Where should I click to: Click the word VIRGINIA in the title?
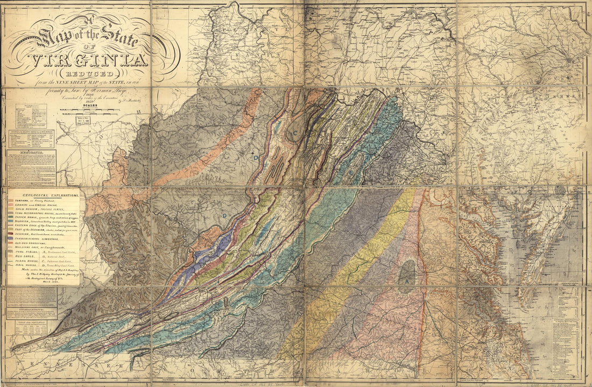tap(90, 61)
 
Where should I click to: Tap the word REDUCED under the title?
tap(90, 74)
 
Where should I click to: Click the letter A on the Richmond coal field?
tap(407, 281)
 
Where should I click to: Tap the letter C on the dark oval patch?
tap(295, 133)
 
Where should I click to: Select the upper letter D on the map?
tap(256, 158)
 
